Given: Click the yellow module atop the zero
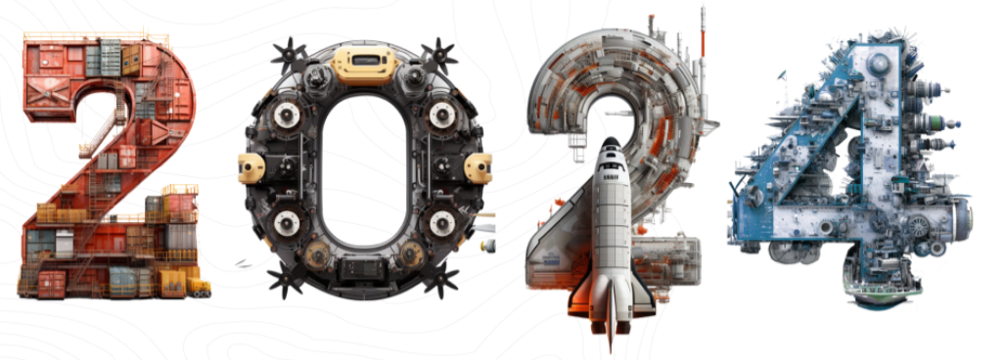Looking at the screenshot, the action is pos(364,65).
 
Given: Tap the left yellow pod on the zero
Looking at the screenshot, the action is pos(251,168).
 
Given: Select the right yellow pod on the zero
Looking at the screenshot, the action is pos(479,168).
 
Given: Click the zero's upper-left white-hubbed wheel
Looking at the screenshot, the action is pos(282,114).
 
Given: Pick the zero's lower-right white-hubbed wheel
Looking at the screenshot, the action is pos(442,223).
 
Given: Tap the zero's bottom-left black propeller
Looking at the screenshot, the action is pos(286,278).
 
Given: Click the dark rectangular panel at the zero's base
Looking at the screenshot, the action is pos(363,270).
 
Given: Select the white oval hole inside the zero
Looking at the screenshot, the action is pos(364,170).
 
